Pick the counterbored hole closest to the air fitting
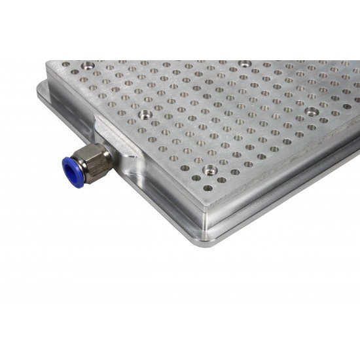[143, 116]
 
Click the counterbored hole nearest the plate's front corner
[210, 170]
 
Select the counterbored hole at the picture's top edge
[243, 64]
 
